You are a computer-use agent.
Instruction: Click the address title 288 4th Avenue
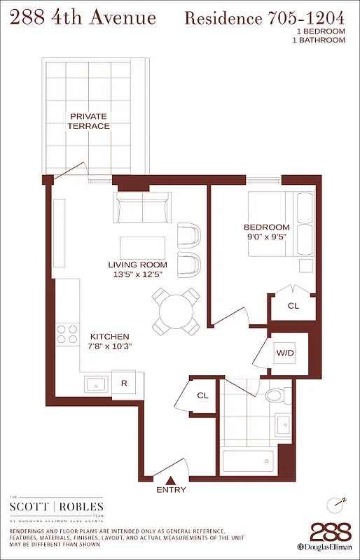[82, 17]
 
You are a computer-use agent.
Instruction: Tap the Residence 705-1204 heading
[264, 18]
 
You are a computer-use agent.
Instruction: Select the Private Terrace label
[89, 120]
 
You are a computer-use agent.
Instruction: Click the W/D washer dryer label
[285, 353]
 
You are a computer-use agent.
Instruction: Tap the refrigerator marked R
[124, 383]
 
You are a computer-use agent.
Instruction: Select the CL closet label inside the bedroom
[293, 305]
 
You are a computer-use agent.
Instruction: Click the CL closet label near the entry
[202, 395]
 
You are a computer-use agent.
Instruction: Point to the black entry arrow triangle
[171, 479]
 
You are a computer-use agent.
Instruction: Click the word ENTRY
[171, 490]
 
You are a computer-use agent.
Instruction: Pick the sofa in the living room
[143, 209]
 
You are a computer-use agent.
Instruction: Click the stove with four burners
[67, 333]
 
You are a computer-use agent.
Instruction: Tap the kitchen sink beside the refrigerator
[95, 384]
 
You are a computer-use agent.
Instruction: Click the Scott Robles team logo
[56, 507]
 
